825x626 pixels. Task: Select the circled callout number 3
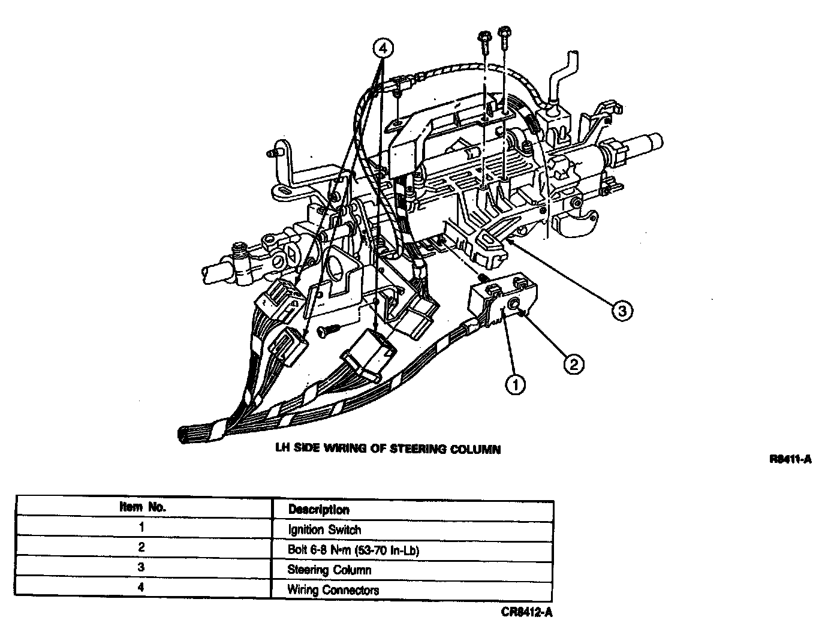point(622,311)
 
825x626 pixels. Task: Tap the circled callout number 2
point(573,363)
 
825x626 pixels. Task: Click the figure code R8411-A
point(791,460)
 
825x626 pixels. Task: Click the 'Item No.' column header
point(142,507)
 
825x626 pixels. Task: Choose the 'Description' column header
point(318,510)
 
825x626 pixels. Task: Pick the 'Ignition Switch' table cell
point(324,529)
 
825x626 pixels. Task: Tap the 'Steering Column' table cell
point(329,570)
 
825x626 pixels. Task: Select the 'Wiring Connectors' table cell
point(333,589)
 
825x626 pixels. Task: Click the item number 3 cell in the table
point(141,567)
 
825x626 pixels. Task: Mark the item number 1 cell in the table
point(141,528)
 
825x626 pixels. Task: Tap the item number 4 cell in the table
point(141,587)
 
